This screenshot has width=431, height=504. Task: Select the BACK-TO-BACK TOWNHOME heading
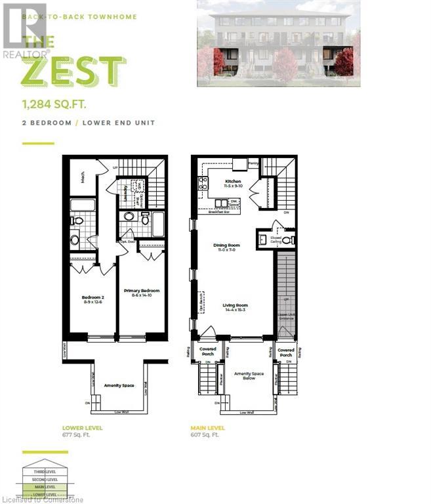79,16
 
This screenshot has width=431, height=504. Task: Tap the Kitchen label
234,182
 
